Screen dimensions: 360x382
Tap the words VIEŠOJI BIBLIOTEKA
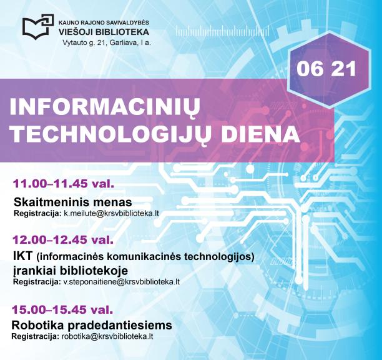point(104,31)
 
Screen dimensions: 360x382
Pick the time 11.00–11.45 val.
point(62,184)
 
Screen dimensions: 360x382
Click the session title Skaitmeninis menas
point(72,202)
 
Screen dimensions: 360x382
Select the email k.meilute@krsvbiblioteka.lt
point(111,214)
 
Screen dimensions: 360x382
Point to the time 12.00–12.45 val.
point(62,239)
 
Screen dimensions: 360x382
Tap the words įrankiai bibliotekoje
point(70,270)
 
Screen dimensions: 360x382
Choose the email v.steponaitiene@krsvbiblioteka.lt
point(122,282)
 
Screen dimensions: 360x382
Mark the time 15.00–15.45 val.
point(62,309)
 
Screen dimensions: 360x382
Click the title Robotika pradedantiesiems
point(92,325)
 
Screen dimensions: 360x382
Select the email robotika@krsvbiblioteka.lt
point(107,337)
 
